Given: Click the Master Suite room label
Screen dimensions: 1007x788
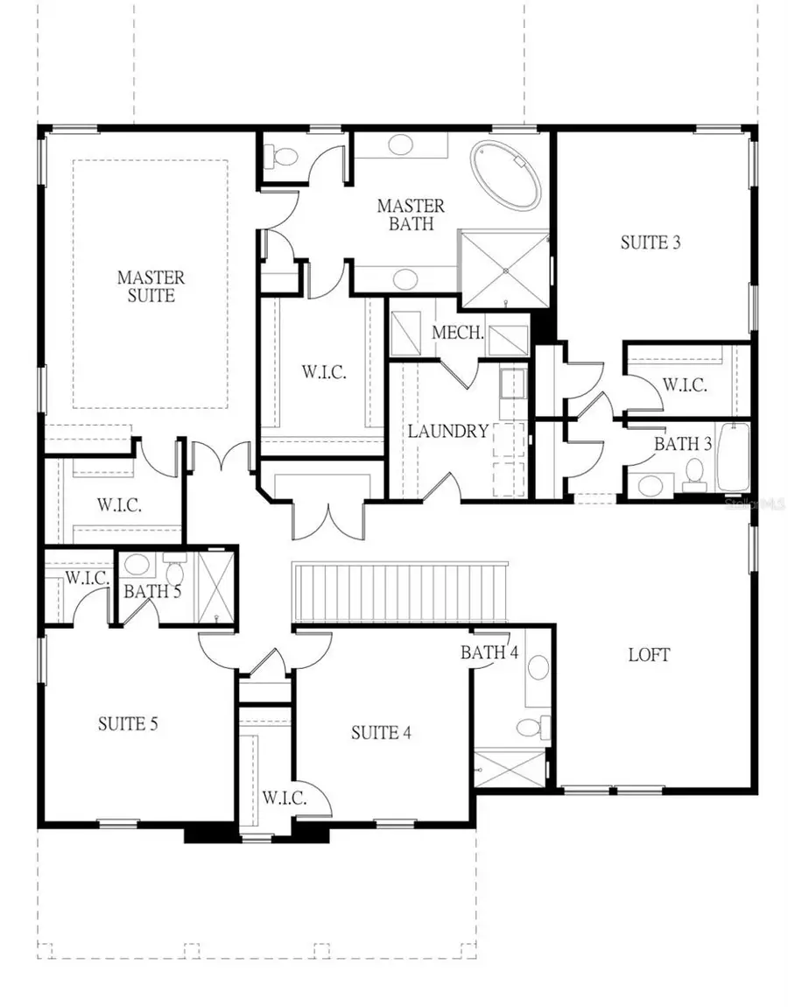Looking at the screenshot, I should tap(151, 286).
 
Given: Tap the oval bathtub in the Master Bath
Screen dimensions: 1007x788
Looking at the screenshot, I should tap(505, 175).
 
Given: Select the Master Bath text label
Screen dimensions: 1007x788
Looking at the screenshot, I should tap(411, 215).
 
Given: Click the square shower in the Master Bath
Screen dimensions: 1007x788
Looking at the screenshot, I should tap(505, 269).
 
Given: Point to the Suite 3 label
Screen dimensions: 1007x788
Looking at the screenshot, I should tap(650, 243).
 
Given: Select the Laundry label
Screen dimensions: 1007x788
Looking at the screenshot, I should tap(447, 431).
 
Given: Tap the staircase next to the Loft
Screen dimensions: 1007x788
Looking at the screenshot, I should tap(399, 593).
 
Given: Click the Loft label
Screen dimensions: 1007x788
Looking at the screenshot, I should tap(649, 654).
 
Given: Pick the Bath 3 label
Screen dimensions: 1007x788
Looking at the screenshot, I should tap(683, 444).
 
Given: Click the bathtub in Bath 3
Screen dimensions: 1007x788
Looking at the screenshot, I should tap(733, 458).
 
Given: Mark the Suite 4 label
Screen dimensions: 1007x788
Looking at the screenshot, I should tap(381, 732).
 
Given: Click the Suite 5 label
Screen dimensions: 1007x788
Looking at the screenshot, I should tap(127, 724).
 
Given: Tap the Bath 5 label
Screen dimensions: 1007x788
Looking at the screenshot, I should tap(151, 591).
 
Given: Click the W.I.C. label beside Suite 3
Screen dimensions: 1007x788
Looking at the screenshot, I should tap(684, 384).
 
